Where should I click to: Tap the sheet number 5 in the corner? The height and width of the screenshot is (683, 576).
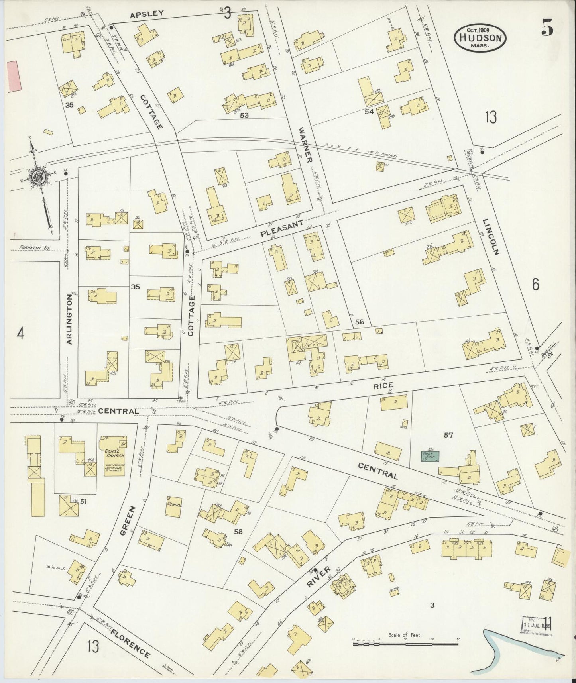[547, 27]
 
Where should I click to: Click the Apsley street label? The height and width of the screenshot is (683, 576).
[147, 13]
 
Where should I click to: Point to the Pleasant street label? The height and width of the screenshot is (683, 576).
[282, 229]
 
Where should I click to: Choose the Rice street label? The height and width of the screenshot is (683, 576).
[383, 385]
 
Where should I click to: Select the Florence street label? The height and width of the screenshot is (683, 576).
[131, 644]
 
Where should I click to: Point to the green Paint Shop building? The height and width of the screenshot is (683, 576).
[431, 456]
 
